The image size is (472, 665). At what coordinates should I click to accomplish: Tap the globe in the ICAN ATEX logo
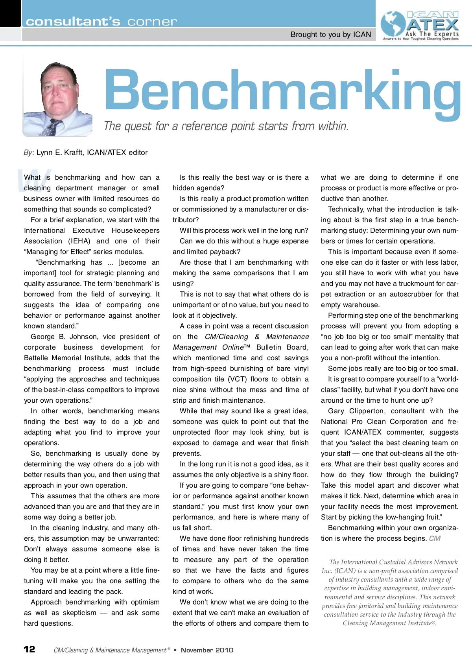393,24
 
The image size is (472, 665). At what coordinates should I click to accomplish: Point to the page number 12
29,649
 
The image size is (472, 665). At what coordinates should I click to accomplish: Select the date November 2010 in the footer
207,650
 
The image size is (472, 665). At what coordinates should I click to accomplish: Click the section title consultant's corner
101,21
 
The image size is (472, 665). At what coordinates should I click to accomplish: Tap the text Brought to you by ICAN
330,35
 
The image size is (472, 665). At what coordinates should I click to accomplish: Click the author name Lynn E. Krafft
60,153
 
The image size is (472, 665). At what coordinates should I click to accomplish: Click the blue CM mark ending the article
435,538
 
